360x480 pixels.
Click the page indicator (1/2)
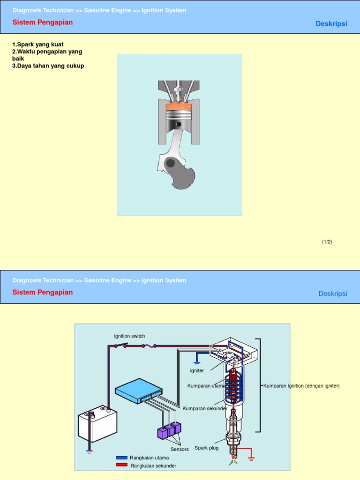pos(327,242)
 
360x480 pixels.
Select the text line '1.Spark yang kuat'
pos(38,45)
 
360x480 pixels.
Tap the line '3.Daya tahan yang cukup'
pos(48,66)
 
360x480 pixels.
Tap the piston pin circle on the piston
pos(179,124)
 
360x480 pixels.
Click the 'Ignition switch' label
pos(129,336)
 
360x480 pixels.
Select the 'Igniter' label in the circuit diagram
pos(197,371)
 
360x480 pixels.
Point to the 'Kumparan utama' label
pos(206,386)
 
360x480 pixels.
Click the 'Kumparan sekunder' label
pos(205,408)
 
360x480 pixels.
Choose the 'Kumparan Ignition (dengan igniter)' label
pos(301,386)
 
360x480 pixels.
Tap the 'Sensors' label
pos(180,449)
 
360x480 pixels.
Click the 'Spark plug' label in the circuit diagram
pos(206,448)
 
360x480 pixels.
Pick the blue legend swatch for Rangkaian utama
pos(122,457)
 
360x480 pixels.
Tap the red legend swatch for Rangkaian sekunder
pos(122,465)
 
